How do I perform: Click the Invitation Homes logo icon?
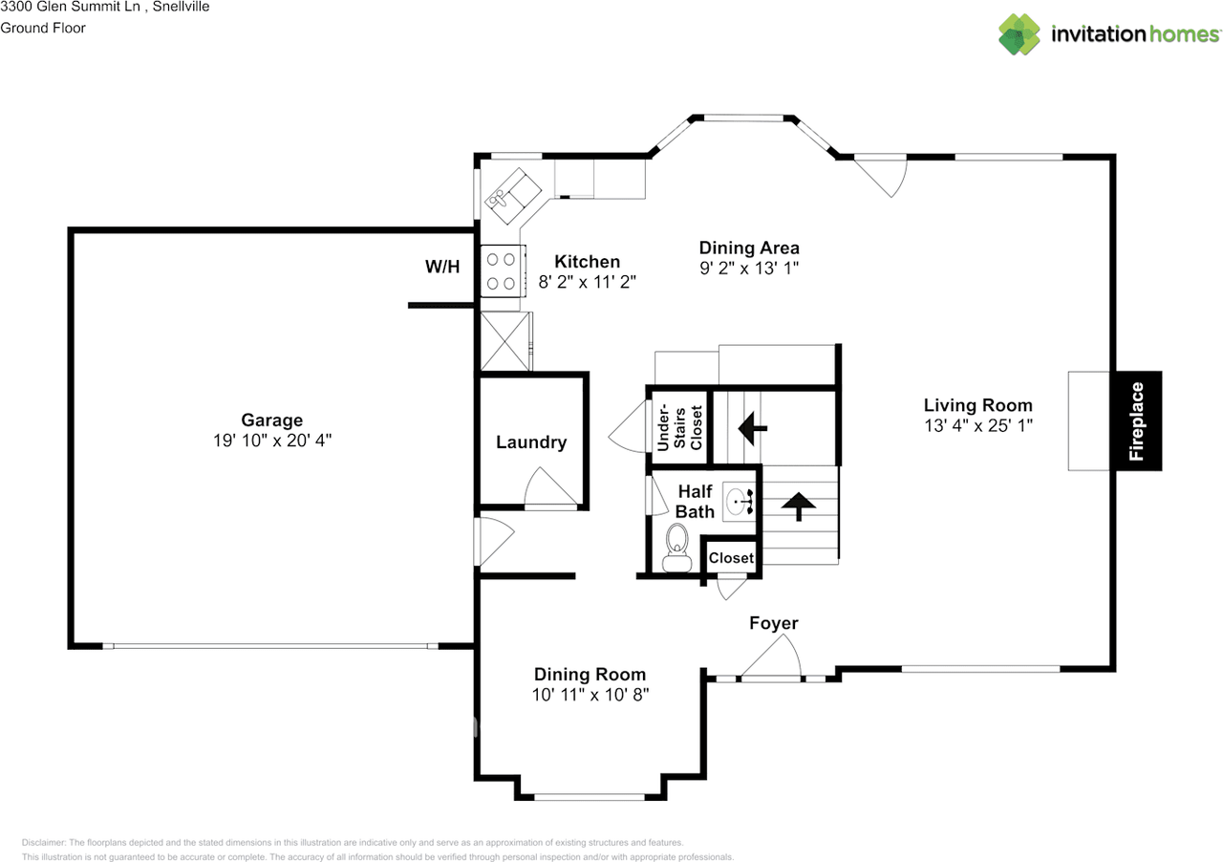tap(1019, 34)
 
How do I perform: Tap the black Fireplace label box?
tap(1136, 420)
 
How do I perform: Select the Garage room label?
tap(271, 420)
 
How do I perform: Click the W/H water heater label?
tap(442, 267)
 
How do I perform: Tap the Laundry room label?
tap(531, 442)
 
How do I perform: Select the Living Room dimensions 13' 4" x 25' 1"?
tap(977, 426)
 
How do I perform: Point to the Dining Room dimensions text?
tap(590, 695)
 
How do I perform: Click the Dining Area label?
tap(749, 248)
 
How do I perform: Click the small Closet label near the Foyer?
tap(731, 558)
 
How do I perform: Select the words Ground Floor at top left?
tap(43, 28)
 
